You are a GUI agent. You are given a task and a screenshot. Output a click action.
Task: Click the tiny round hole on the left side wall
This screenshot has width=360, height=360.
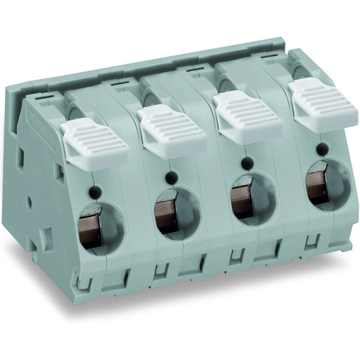(x=29, y=202)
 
